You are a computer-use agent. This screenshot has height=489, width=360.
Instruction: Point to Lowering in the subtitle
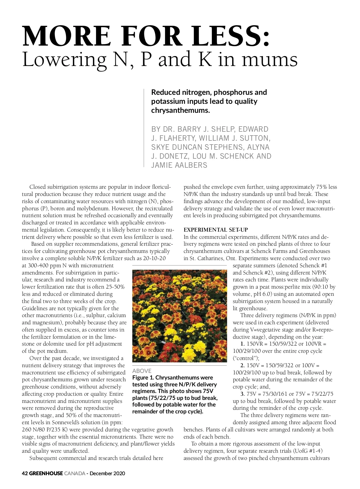click(x=64, y=60)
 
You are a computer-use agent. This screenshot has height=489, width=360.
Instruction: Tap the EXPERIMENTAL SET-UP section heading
click(x=216, y=230)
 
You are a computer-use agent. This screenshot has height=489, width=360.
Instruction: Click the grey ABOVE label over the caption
click(x=142, y=371)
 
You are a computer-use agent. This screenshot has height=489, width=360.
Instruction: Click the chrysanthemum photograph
click(x=179, y=316)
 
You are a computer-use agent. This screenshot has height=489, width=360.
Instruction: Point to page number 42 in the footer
click(x=25, y=473)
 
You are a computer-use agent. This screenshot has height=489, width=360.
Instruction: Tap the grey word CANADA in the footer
click(x=74, y=473)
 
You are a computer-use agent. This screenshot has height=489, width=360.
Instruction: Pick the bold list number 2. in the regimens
click(x=242, y=365)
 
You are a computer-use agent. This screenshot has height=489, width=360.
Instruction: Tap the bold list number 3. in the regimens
click(x=242, y=394)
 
